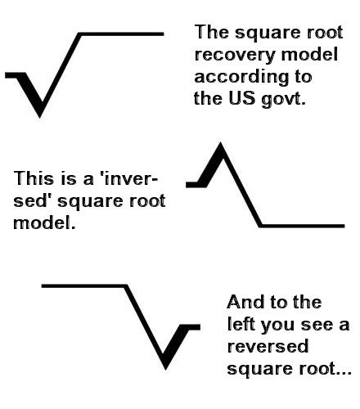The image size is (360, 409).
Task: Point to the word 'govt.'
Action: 283,99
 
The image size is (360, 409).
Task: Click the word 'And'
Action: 246,302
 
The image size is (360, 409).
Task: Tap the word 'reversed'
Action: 268,346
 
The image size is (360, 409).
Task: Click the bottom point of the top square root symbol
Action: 40,118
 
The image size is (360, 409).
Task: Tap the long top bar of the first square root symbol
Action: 122,34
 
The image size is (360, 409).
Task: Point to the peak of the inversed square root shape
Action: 220,142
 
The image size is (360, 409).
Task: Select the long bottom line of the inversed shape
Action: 302,226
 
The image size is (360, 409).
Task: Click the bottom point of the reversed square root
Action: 166,370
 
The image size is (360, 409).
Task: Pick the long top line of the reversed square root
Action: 84,285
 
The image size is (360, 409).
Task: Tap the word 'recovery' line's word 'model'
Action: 309,54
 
